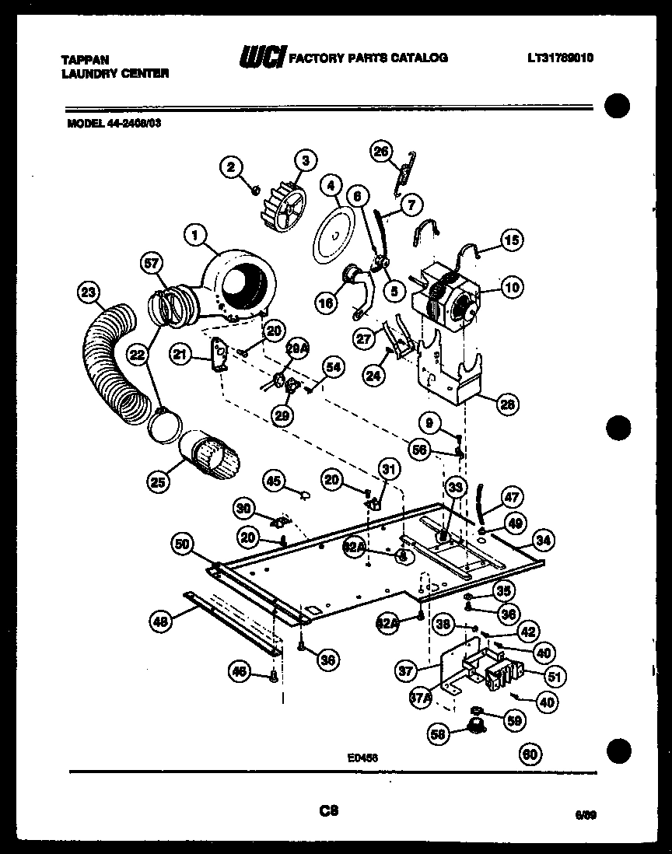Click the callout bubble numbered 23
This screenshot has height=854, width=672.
[x=89, y=293]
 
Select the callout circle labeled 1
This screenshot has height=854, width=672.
[x=196, y=232]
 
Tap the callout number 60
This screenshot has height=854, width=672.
[x=530, y=754]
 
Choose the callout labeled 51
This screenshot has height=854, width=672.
[x=554, y=676]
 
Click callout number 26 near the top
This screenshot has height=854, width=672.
[x=381, y=152]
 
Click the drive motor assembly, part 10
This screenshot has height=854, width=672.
[x=446, y=299]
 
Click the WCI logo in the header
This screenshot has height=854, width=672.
[x=261, y=57]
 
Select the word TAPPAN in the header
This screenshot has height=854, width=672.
[x=86, y=59]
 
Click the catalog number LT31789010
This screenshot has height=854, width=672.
[x=560, y=58]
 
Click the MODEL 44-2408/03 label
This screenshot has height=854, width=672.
[x=110, y=121]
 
